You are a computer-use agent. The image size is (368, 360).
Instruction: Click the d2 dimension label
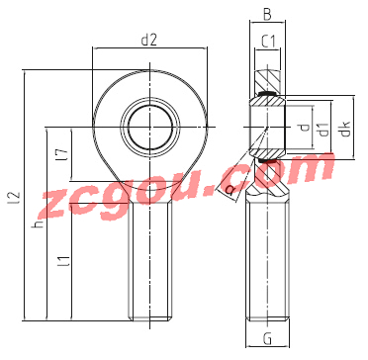(148, 41)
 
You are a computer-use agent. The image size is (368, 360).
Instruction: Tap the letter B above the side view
(267, 15)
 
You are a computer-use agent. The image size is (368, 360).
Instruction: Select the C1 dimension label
(268, 42)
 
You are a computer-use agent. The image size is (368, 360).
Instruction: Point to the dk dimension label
(345, 128)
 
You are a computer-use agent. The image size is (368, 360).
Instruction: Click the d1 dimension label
(324, 130)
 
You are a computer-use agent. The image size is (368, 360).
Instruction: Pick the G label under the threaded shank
(268, 338)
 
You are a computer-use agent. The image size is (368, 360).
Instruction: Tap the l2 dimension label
(17, 197)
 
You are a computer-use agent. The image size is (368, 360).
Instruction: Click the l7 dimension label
(64, 154)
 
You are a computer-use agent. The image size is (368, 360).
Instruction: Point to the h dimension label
(39, 224)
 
